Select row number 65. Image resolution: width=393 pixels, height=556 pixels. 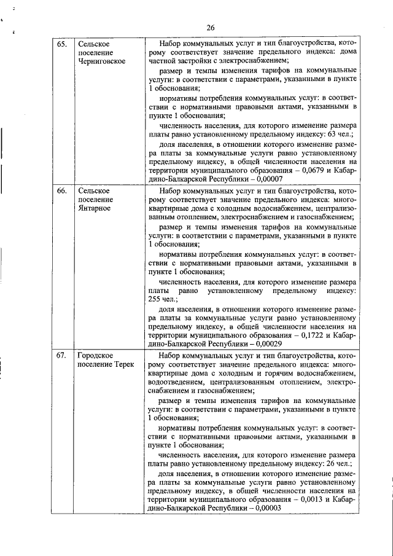62,44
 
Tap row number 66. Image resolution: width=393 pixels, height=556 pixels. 62,191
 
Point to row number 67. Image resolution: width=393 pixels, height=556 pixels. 62,356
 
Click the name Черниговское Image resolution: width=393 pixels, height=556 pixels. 101,61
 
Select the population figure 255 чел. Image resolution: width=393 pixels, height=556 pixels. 162,299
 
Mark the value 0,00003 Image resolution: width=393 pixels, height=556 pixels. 265,508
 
